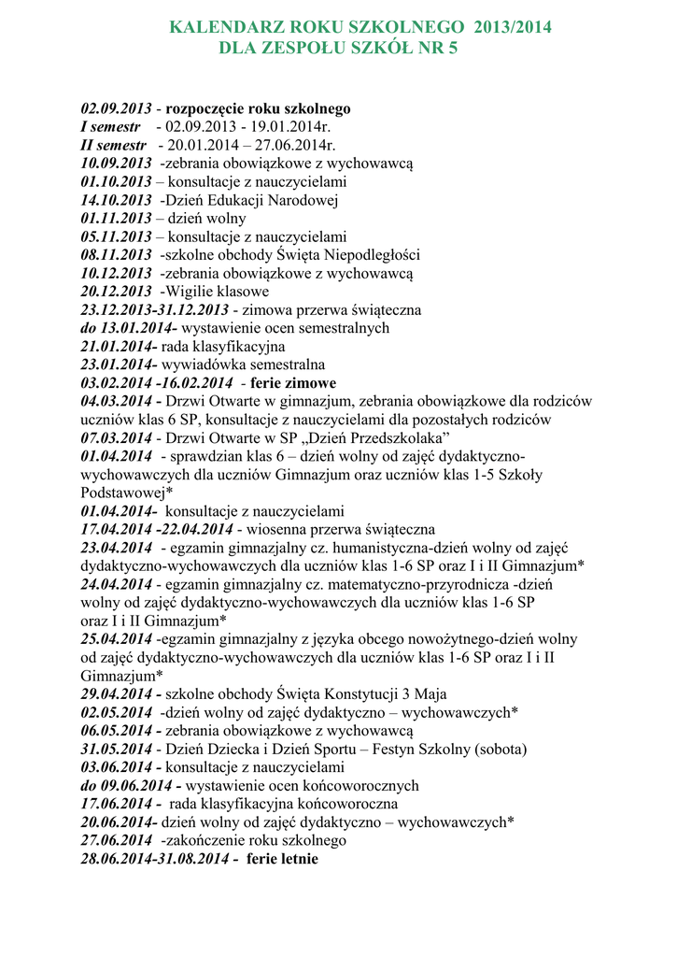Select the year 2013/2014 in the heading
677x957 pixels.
click(513, 28)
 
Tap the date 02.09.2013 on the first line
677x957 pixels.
click(116, 108)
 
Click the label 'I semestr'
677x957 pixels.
click(110, 127)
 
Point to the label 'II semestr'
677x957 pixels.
click(114, 145)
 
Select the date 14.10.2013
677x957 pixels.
click(116, 200)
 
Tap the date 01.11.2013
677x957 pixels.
click(116, 218)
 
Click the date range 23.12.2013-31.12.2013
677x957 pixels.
click(155, 309)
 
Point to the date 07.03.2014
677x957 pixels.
click(116, 437)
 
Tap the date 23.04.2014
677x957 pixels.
click(116, 547)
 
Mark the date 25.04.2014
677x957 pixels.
click(116, 638)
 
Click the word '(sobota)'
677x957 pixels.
click(501, 749)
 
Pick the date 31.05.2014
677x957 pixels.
click(116, 749)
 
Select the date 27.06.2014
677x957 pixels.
click(116, 840)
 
